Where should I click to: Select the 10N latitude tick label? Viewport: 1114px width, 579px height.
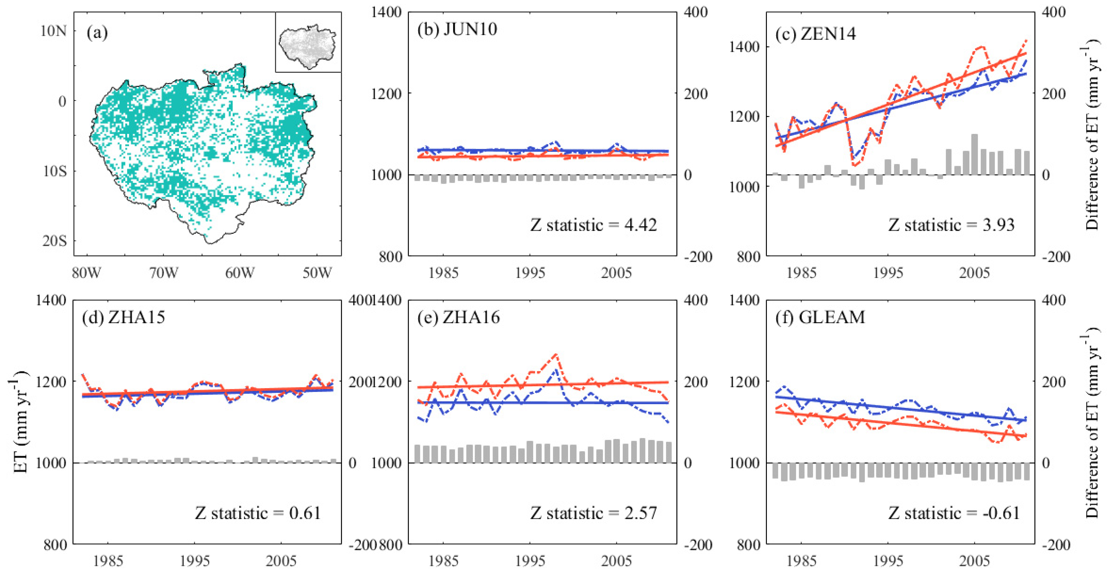[x=54, y=31]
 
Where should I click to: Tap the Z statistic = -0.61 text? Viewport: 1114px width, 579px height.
[x=953, y=513]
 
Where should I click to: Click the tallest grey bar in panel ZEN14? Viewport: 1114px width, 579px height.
[x=974, y=154]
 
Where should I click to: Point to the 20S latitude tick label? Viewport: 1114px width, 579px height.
[x=55, y=241]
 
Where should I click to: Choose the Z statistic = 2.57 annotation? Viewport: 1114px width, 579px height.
[x=593, y=513]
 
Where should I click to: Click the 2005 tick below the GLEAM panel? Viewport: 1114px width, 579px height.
[x=974, y=561]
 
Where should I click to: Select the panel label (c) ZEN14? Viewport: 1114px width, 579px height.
[x=815, y=34]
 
